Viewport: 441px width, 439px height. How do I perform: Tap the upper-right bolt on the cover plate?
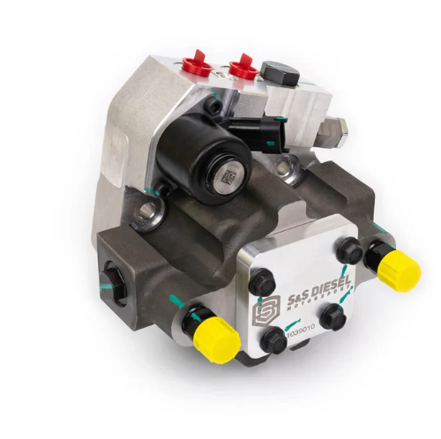point(351,251)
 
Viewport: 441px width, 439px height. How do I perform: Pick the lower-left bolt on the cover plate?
point(275,338)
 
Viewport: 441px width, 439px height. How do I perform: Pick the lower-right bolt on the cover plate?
point(333,315)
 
